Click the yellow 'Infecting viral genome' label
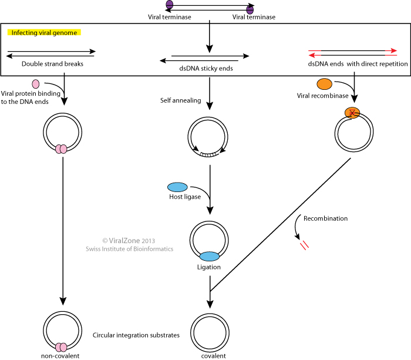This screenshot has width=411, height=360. coord(43,32)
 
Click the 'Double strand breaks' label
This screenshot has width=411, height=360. coord(52,64)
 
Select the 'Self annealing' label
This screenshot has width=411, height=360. coord(181,100)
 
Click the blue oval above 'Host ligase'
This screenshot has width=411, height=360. coord(177,187)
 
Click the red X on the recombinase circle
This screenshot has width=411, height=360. coord(352,113)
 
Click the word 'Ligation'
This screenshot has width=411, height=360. coord(209,267)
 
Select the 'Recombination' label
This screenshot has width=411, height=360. coord(326,218)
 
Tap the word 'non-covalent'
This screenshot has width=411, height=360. coord(60,355)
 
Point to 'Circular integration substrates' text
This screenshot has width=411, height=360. coord(136,335)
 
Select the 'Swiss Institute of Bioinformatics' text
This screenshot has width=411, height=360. coord(129,249)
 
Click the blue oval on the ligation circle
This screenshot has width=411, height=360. coord(210,256)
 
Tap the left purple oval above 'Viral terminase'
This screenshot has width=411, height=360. coord(170,5)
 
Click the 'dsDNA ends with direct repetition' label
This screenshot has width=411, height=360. coord(358,64)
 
